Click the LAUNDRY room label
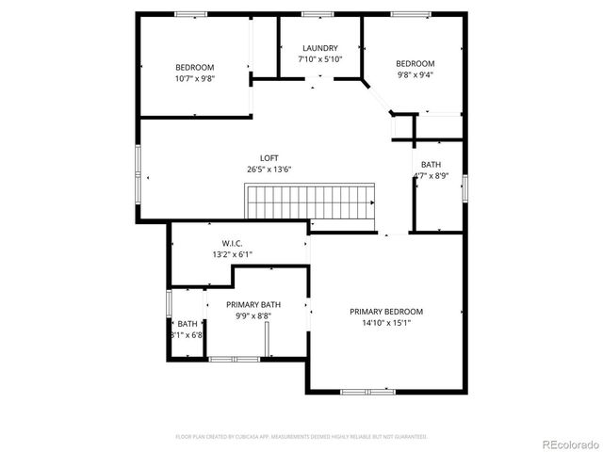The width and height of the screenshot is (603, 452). (x=320, y=48)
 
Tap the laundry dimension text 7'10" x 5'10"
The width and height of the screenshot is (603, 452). (x=320, y=58)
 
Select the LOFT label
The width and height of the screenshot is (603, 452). (x=269, y=158)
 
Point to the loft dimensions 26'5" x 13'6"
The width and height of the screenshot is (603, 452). (x=269, y=169)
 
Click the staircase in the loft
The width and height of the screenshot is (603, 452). (x=311, y=202)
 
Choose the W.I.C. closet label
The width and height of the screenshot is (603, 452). (x=232, y=243)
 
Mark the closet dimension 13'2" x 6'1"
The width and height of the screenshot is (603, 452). (x=232, y=254)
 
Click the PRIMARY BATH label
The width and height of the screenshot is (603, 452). (x=257, y=304)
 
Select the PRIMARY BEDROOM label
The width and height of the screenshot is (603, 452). (x=386, y=312)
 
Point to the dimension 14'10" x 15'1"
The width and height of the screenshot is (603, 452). (x=386, y=323)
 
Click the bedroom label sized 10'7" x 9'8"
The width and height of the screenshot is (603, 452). (x=195, y=67)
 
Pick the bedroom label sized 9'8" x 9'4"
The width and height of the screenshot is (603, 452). (x=415, y=64)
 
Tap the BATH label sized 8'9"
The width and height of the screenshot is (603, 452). (x=431, y=164)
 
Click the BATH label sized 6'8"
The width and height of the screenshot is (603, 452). (x=187, y=324)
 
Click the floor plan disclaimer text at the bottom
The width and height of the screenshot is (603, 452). (x=301, y=437)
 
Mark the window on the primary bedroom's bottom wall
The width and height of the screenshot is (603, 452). (x=368, y=391)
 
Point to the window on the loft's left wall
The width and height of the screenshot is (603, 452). (x=138, y=169)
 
